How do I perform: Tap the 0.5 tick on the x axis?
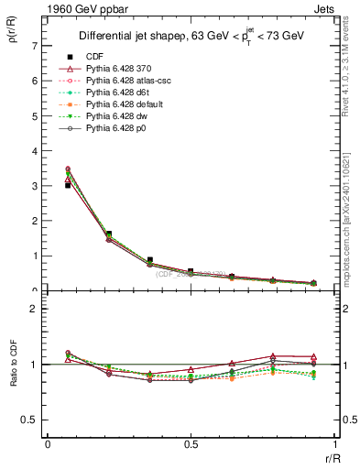click(191, 446)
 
